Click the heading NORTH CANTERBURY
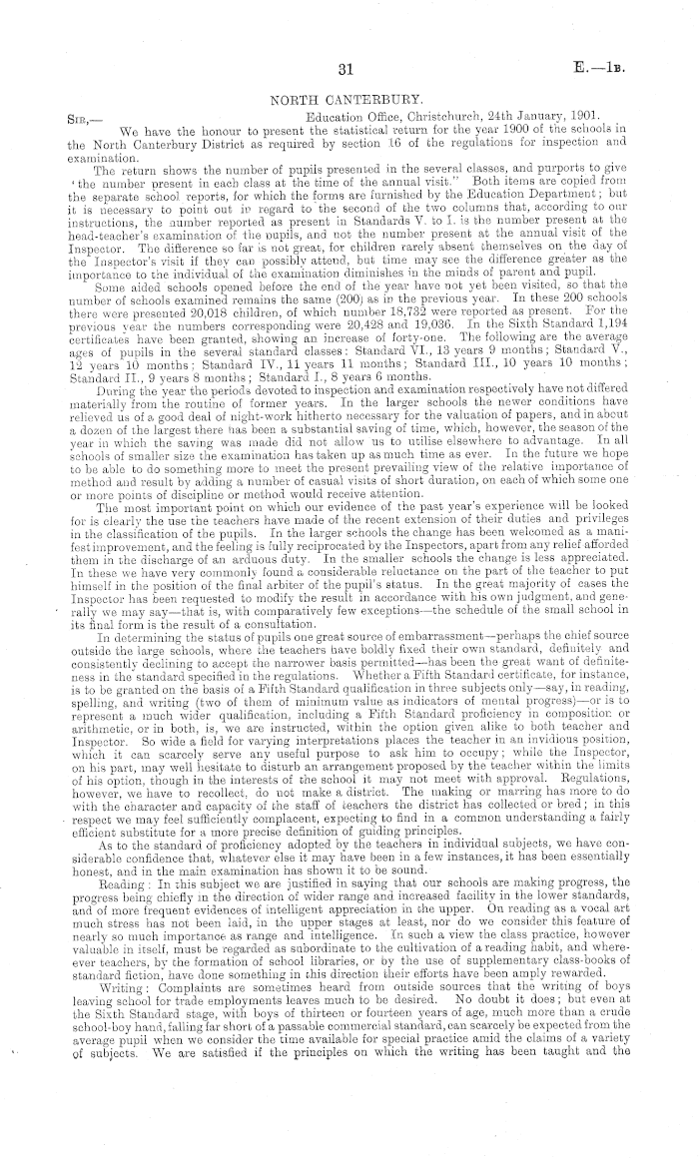[349, 99]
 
